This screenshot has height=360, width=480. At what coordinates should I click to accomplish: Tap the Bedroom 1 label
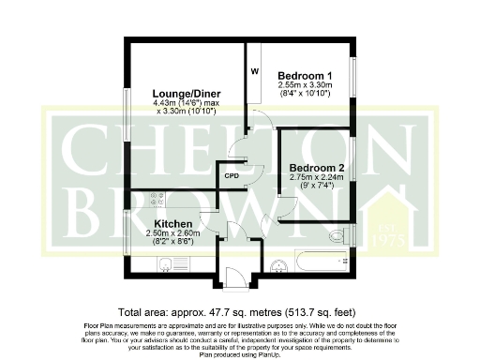pos(305,75)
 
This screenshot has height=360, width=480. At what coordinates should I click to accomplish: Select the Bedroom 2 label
pos(316,168)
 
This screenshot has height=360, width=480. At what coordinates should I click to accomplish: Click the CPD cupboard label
pos(231,174)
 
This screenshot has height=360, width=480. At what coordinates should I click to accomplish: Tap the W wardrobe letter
pos(254,70)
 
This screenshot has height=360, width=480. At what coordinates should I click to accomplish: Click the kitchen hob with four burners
pos(157,199)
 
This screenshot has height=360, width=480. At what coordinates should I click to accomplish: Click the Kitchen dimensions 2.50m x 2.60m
pos(173,234)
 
